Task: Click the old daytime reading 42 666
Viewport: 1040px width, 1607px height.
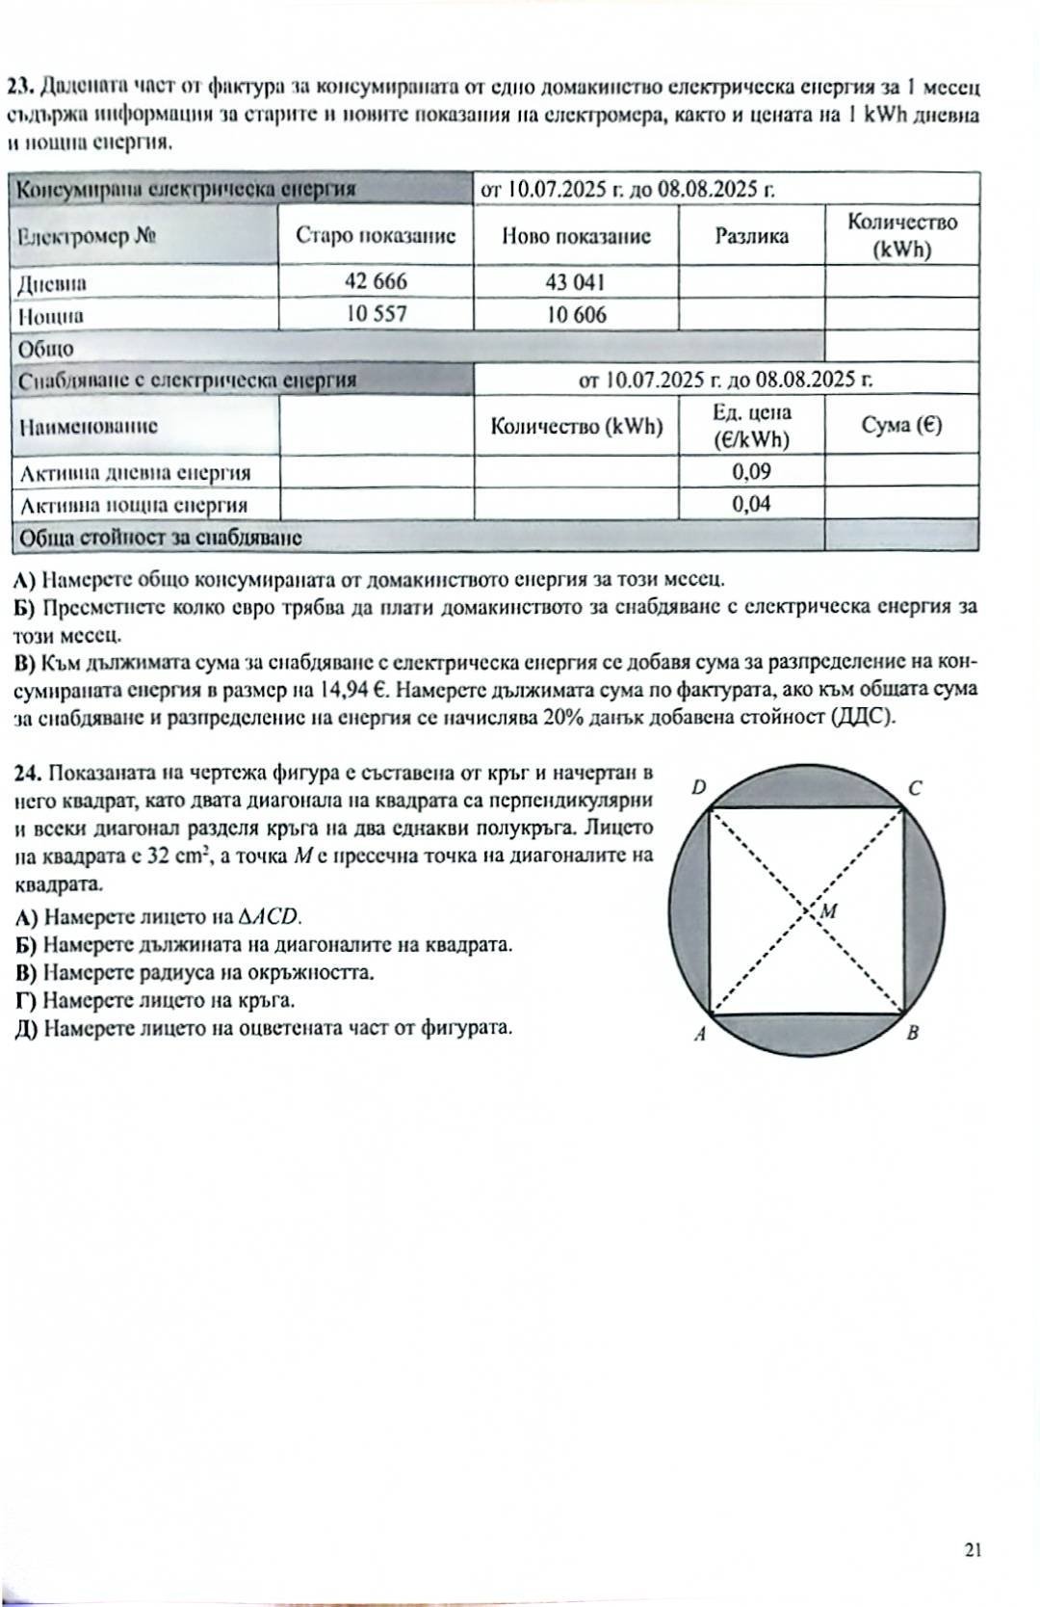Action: (376, 281)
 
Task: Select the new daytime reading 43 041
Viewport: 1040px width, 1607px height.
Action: (575, 281)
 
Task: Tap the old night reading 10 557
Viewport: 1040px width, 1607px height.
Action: (376, 314)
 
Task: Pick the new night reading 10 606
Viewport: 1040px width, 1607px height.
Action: (576, 314)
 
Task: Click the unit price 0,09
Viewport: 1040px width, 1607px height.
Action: (751, 472)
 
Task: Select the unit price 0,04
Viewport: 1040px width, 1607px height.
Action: (751, 504)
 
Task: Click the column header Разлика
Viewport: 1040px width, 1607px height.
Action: (751, 236)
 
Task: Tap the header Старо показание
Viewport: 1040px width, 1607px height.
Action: (376, 236)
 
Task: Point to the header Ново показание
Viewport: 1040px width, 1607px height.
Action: (576, 236)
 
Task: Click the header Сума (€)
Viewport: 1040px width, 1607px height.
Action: (901, 426)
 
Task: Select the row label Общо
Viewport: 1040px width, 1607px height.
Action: (46, 349)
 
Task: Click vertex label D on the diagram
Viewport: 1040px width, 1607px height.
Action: (699, 788)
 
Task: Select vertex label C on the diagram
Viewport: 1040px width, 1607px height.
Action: (915, 788)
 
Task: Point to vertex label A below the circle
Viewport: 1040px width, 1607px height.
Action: (699, 1035)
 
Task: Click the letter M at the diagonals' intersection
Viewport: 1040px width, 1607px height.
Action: (828, 911)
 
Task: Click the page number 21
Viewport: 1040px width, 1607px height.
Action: (972, 1550)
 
